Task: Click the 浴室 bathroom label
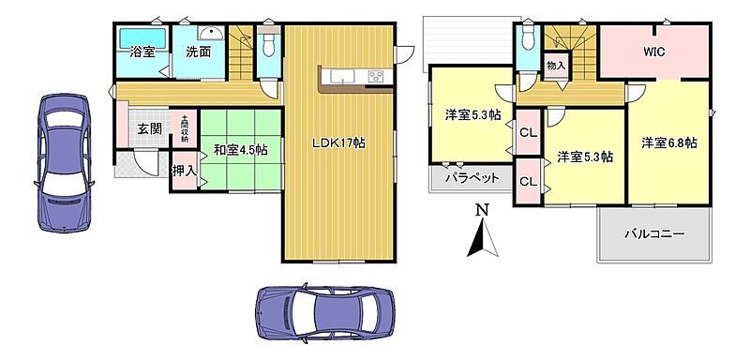[142, 52]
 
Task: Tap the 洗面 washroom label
[199, 52]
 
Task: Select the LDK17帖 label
[339, 142]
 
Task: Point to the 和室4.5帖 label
[240, 150]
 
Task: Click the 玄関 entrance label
[149, 128]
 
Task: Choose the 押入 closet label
[184, 171]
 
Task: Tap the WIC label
[653, 52]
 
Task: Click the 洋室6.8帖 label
[668, 142]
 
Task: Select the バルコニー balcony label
[654, 234]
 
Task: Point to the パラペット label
[472, 178]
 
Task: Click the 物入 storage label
[556, 66]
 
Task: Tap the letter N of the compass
[484, 209]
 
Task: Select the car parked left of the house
[64, 162]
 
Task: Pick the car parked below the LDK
[325, 314]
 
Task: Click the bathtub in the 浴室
[142, 37]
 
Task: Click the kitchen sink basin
[340, 76]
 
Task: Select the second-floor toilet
[528, 37]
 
